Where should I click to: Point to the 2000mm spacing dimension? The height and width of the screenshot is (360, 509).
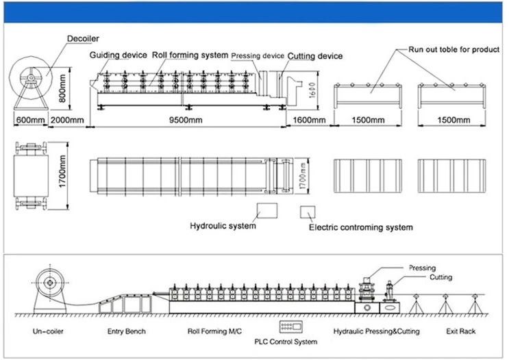pyautogui.click(x=67, y=120)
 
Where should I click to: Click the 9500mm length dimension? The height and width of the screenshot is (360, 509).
pyautogui.click(x=186, y=120)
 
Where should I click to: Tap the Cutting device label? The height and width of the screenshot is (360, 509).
pyautogui.click(x=315, y=56)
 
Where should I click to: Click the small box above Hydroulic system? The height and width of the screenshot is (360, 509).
pyautogui.click(x=266, y=210)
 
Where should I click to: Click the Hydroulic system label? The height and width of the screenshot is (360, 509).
pyautogui.click(x=223, y=226)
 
